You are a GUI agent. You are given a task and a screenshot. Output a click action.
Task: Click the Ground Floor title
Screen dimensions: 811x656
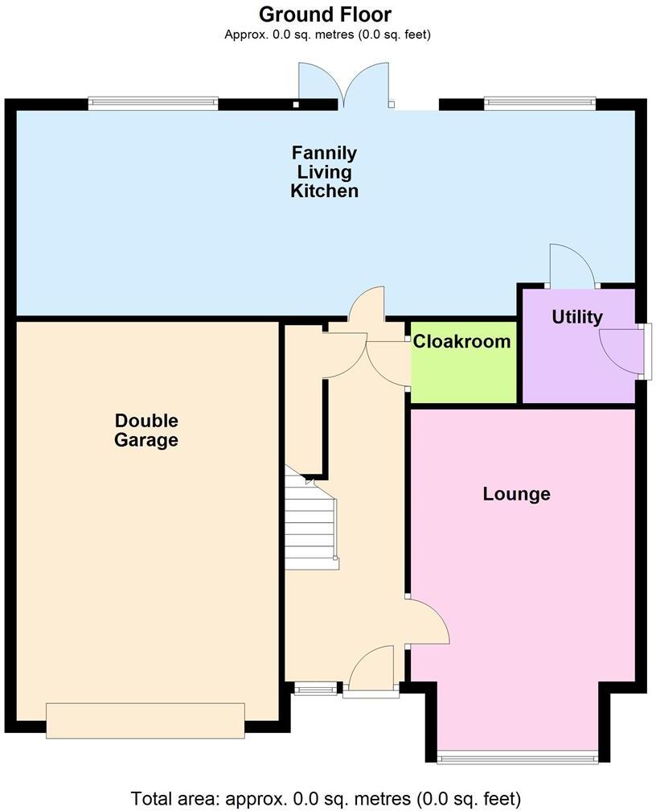coord(325,14)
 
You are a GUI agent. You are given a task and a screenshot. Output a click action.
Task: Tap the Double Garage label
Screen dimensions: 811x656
coord(146,430)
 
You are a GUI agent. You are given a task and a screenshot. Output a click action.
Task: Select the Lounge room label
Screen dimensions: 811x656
coord(516,493)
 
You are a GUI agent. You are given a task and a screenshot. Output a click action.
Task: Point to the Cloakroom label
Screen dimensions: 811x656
coord(461,341)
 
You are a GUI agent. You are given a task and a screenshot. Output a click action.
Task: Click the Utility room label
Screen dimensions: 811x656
coord(576,317)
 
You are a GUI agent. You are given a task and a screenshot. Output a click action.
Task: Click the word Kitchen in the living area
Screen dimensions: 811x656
coord(324,191)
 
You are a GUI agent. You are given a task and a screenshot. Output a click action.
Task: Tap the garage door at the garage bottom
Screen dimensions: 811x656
coord(146,720)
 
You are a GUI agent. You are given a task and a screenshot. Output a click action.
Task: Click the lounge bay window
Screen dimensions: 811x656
coord(518,755)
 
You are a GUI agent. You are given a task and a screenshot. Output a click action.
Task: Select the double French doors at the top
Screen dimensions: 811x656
coord(345,86)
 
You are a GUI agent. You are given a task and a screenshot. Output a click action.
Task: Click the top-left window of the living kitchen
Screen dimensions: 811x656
coord(153,103)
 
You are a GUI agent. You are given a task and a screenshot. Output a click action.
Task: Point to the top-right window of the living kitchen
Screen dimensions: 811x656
coord(539,103)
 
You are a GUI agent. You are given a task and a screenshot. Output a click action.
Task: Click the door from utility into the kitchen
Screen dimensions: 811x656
coord(571,267)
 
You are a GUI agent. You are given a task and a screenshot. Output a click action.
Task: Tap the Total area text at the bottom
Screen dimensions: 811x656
coord(326,798)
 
